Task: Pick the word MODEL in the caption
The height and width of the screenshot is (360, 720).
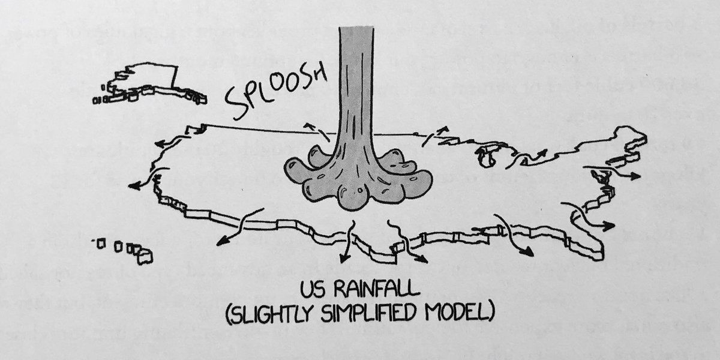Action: point(459,314)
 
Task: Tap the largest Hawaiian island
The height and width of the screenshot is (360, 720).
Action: point(145,256)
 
